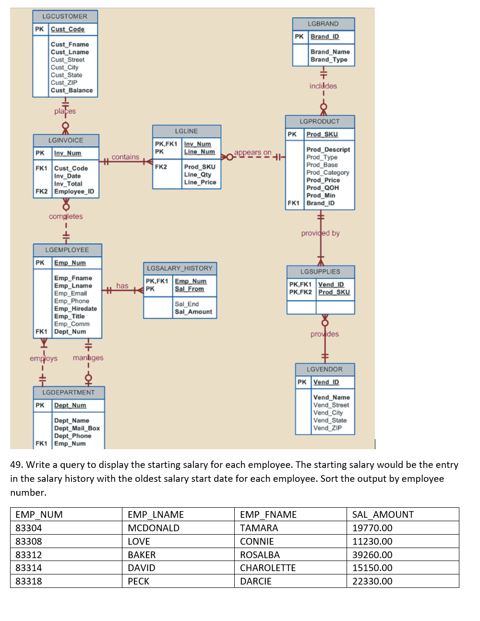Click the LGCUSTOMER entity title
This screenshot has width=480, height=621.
tap(65, 16)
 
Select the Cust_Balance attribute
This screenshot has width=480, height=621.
tap(72, 90)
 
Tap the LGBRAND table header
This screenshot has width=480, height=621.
tap(323, 24)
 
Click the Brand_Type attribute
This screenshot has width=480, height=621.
tap(329, 60)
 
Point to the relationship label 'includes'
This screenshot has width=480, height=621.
tap(323, 86)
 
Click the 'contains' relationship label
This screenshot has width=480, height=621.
tap(125, 157)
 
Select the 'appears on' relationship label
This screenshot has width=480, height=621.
tap(252, 153)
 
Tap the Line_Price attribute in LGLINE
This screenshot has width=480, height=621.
tap(200, 182)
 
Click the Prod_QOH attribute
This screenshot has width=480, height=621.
tap(323, 188)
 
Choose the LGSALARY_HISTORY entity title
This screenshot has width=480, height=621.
tap(180, 268)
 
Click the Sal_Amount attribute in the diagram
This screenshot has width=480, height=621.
tap(193, 312)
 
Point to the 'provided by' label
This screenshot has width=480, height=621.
tap(320, 233)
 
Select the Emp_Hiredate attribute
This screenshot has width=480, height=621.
tap(75, 309)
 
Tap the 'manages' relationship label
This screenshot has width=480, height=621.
tap(88, 358)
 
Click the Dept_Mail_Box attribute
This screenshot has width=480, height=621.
tap(77, 428)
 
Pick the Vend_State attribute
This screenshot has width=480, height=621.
tap(330, 420)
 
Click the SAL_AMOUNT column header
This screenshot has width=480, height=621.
tap(383, 514)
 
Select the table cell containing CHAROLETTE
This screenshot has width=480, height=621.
tap(268, 568)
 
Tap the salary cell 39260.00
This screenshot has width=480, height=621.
tap(372, 555)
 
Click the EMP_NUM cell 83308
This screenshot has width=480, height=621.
tap(29, 541)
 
